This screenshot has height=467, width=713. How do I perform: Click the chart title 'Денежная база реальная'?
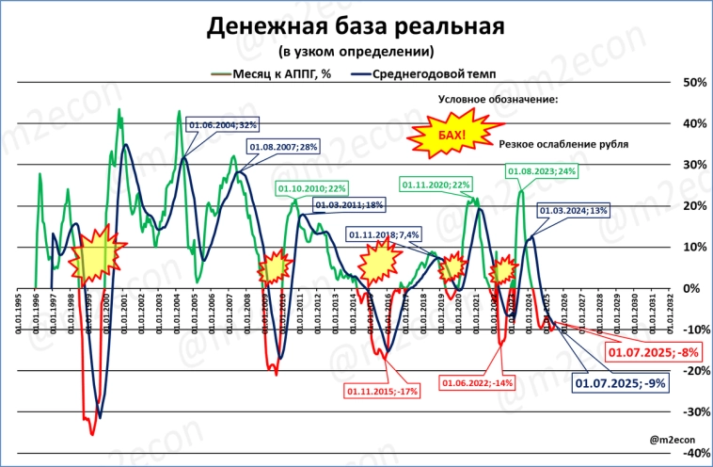point(356,26)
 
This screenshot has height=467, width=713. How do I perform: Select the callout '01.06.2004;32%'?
point(223,124)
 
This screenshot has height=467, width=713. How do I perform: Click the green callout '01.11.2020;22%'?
point(436,185)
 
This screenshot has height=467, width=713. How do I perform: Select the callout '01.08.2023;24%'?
point(542,171)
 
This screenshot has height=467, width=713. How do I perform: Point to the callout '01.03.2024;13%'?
point(572,211)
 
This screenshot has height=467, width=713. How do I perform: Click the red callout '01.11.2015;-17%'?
point(382,391)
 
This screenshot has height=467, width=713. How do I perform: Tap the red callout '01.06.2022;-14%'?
point(477,383)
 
